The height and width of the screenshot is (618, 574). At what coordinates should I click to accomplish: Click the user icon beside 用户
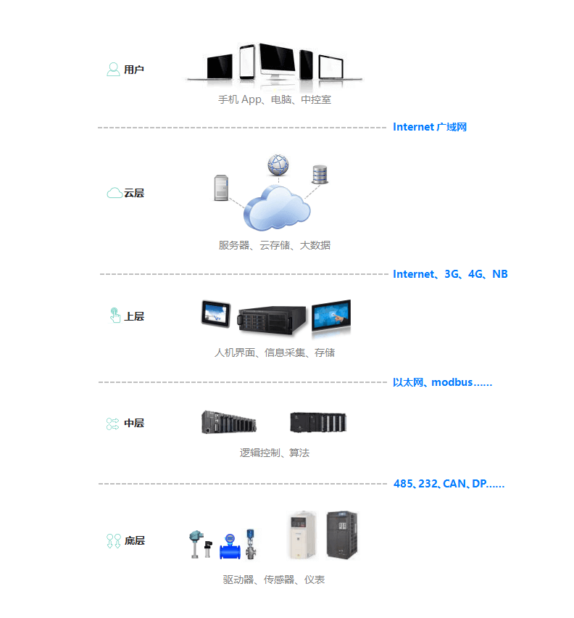click(113, 70)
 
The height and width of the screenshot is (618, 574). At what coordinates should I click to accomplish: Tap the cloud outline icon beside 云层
click(115, 193)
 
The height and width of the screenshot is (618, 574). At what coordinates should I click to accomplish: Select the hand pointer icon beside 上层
click(115, 316)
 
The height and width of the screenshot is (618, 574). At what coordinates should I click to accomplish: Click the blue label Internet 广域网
click(430, 127)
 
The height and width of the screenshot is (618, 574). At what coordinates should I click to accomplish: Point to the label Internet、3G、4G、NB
click(450, 274)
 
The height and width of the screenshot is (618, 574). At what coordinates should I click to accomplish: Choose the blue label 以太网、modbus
click(443, 382)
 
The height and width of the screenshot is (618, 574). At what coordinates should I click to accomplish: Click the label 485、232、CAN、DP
click(449, 484)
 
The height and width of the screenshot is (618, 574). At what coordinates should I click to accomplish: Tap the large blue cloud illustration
click(276, 208)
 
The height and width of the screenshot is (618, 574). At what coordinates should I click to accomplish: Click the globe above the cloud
click(278, 165)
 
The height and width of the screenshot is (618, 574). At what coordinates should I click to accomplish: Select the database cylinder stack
click(320, 175)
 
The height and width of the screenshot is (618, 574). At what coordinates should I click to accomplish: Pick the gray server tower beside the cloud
click(221, 188)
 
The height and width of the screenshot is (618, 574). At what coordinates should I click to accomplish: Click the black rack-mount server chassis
click(272, 320)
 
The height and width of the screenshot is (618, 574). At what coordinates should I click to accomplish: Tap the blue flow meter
click(230, 546)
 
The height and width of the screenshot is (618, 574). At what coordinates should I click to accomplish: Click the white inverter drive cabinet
click(302, 535)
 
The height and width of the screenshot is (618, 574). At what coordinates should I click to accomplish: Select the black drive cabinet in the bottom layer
click(342, 535)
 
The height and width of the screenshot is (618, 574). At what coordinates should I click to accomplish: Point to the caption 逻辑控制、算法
click(275, 453)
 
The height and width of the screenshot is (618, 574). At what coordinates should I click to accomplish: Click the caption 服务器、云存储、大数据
click(275, 245)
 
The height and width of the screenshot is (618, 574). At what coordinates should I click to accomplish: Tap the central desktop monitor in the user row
click(277, 61)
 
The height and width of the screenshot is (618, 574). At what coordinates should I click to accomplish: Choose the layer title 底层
click(135, 540)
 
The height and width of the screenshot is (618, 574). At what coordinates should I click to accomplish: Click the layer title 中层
click(134, 423)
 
